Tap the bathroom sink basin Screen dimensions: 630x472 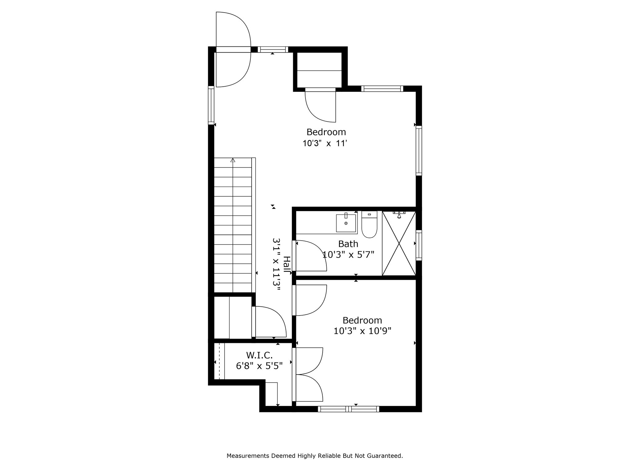click(x=346, y=223)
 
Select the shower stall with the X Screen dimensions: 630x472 click(x=399, y=243)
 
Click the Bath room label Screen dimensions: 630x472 click(x=348, y=244)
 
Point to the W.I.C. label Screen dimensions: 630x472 click(x=259, y=355)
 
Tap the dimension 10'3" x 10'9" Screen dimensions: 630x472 click(x=362, y=331)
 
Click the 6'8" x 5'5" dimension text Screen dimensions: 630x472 click(x=259, y=366)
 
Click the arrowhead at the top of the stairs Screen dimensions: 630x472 click(x=233, y=160)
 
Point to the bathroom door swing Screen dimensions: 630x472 click(x=311, y=256)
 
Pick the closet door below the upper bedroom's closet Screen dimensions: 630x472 click(x=320, y=106)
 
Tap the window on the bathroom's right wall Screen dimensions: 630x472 click(x=419, y=245)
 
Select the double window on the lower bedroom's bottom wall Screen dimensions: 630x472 click(x=349, y=409)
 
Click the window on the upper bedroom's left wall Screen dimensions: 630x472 click(x=211, y=105)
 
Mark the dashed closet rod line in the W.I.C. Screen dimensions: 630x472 click(x=219, y=361)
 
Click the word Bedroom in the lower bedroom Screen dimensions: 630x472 click(x=362, y=320)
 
